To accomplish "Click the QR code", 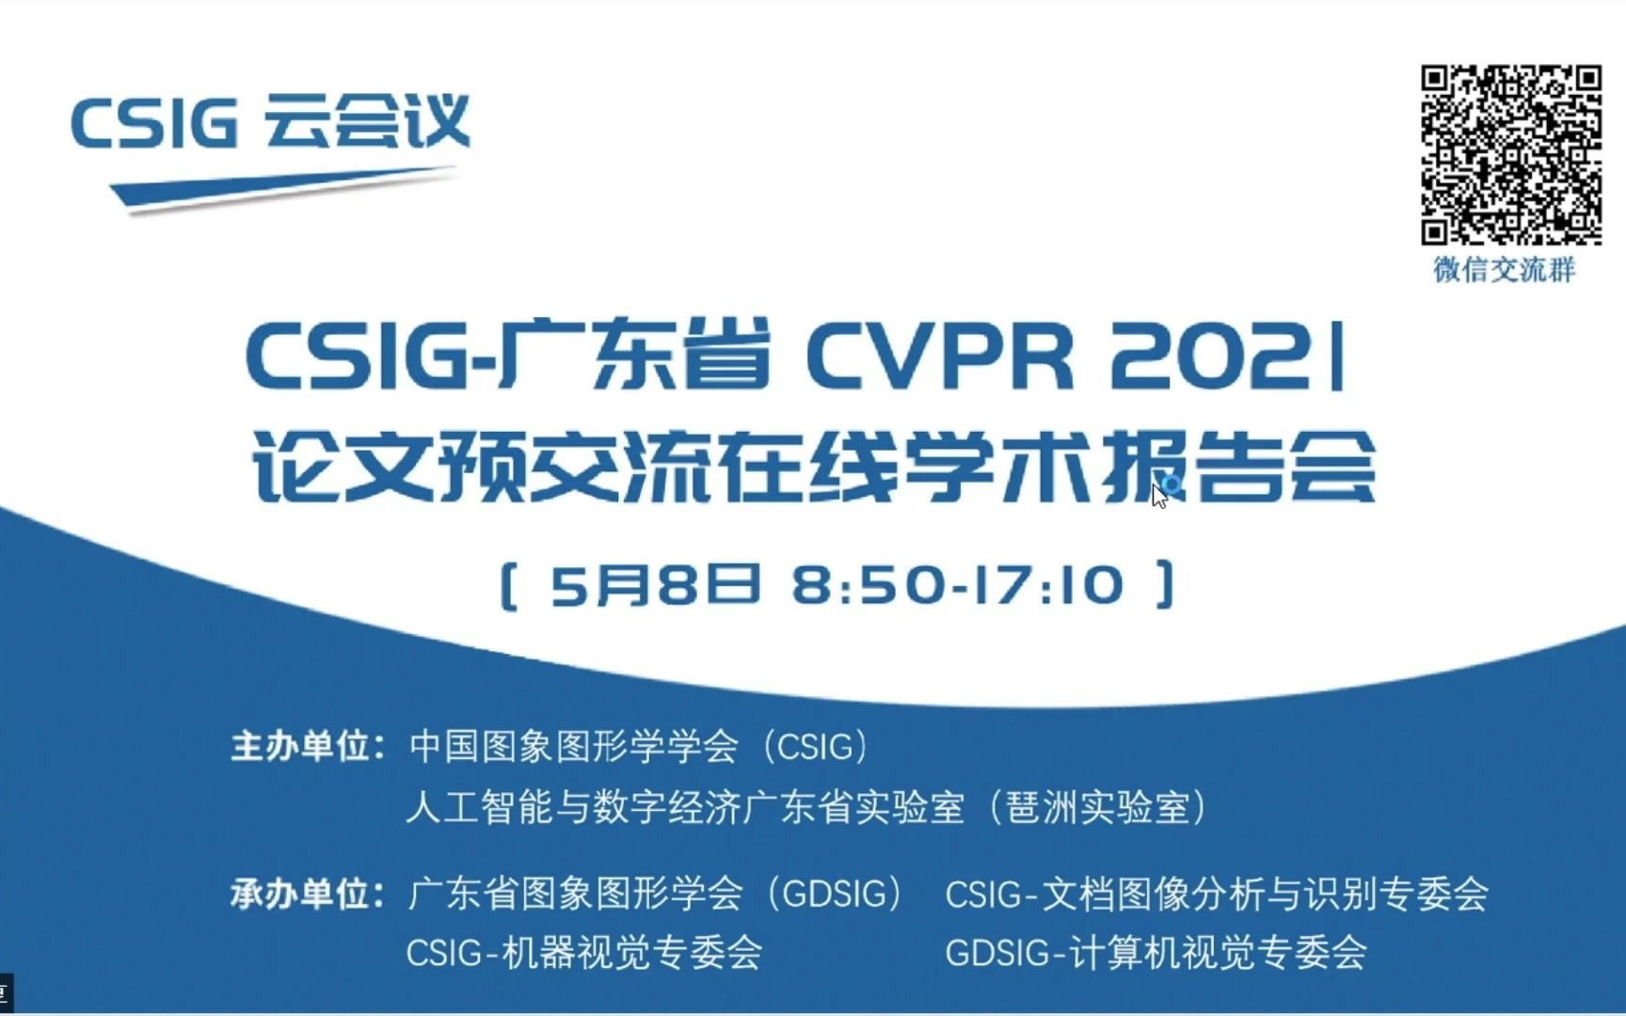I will tap(1510, 154).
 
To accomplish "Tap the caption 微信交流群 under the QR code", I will tap(1504, 270).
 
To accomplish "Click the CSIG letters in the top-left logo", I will tap(154, 123).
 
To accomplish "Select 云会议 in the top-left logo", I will tap(367, 121).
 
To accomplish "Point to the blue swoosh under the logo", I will tap(282, 187).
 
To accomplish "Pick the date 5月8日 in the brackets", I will tap(655, 584).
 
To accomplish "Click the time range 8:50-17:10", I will tap(958, 584).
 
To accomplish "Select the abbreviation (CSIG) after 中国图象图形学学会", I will tap(817, 746).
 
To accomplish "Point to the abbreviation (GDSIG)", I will tap(836, 894).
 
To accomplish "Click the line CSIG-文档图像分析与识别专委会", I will tap(1216, 894).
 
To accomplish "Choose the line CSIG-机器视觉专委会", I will tap(583, 953).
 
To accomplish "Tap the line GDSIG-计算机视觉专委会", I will tap(1156, 953).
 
